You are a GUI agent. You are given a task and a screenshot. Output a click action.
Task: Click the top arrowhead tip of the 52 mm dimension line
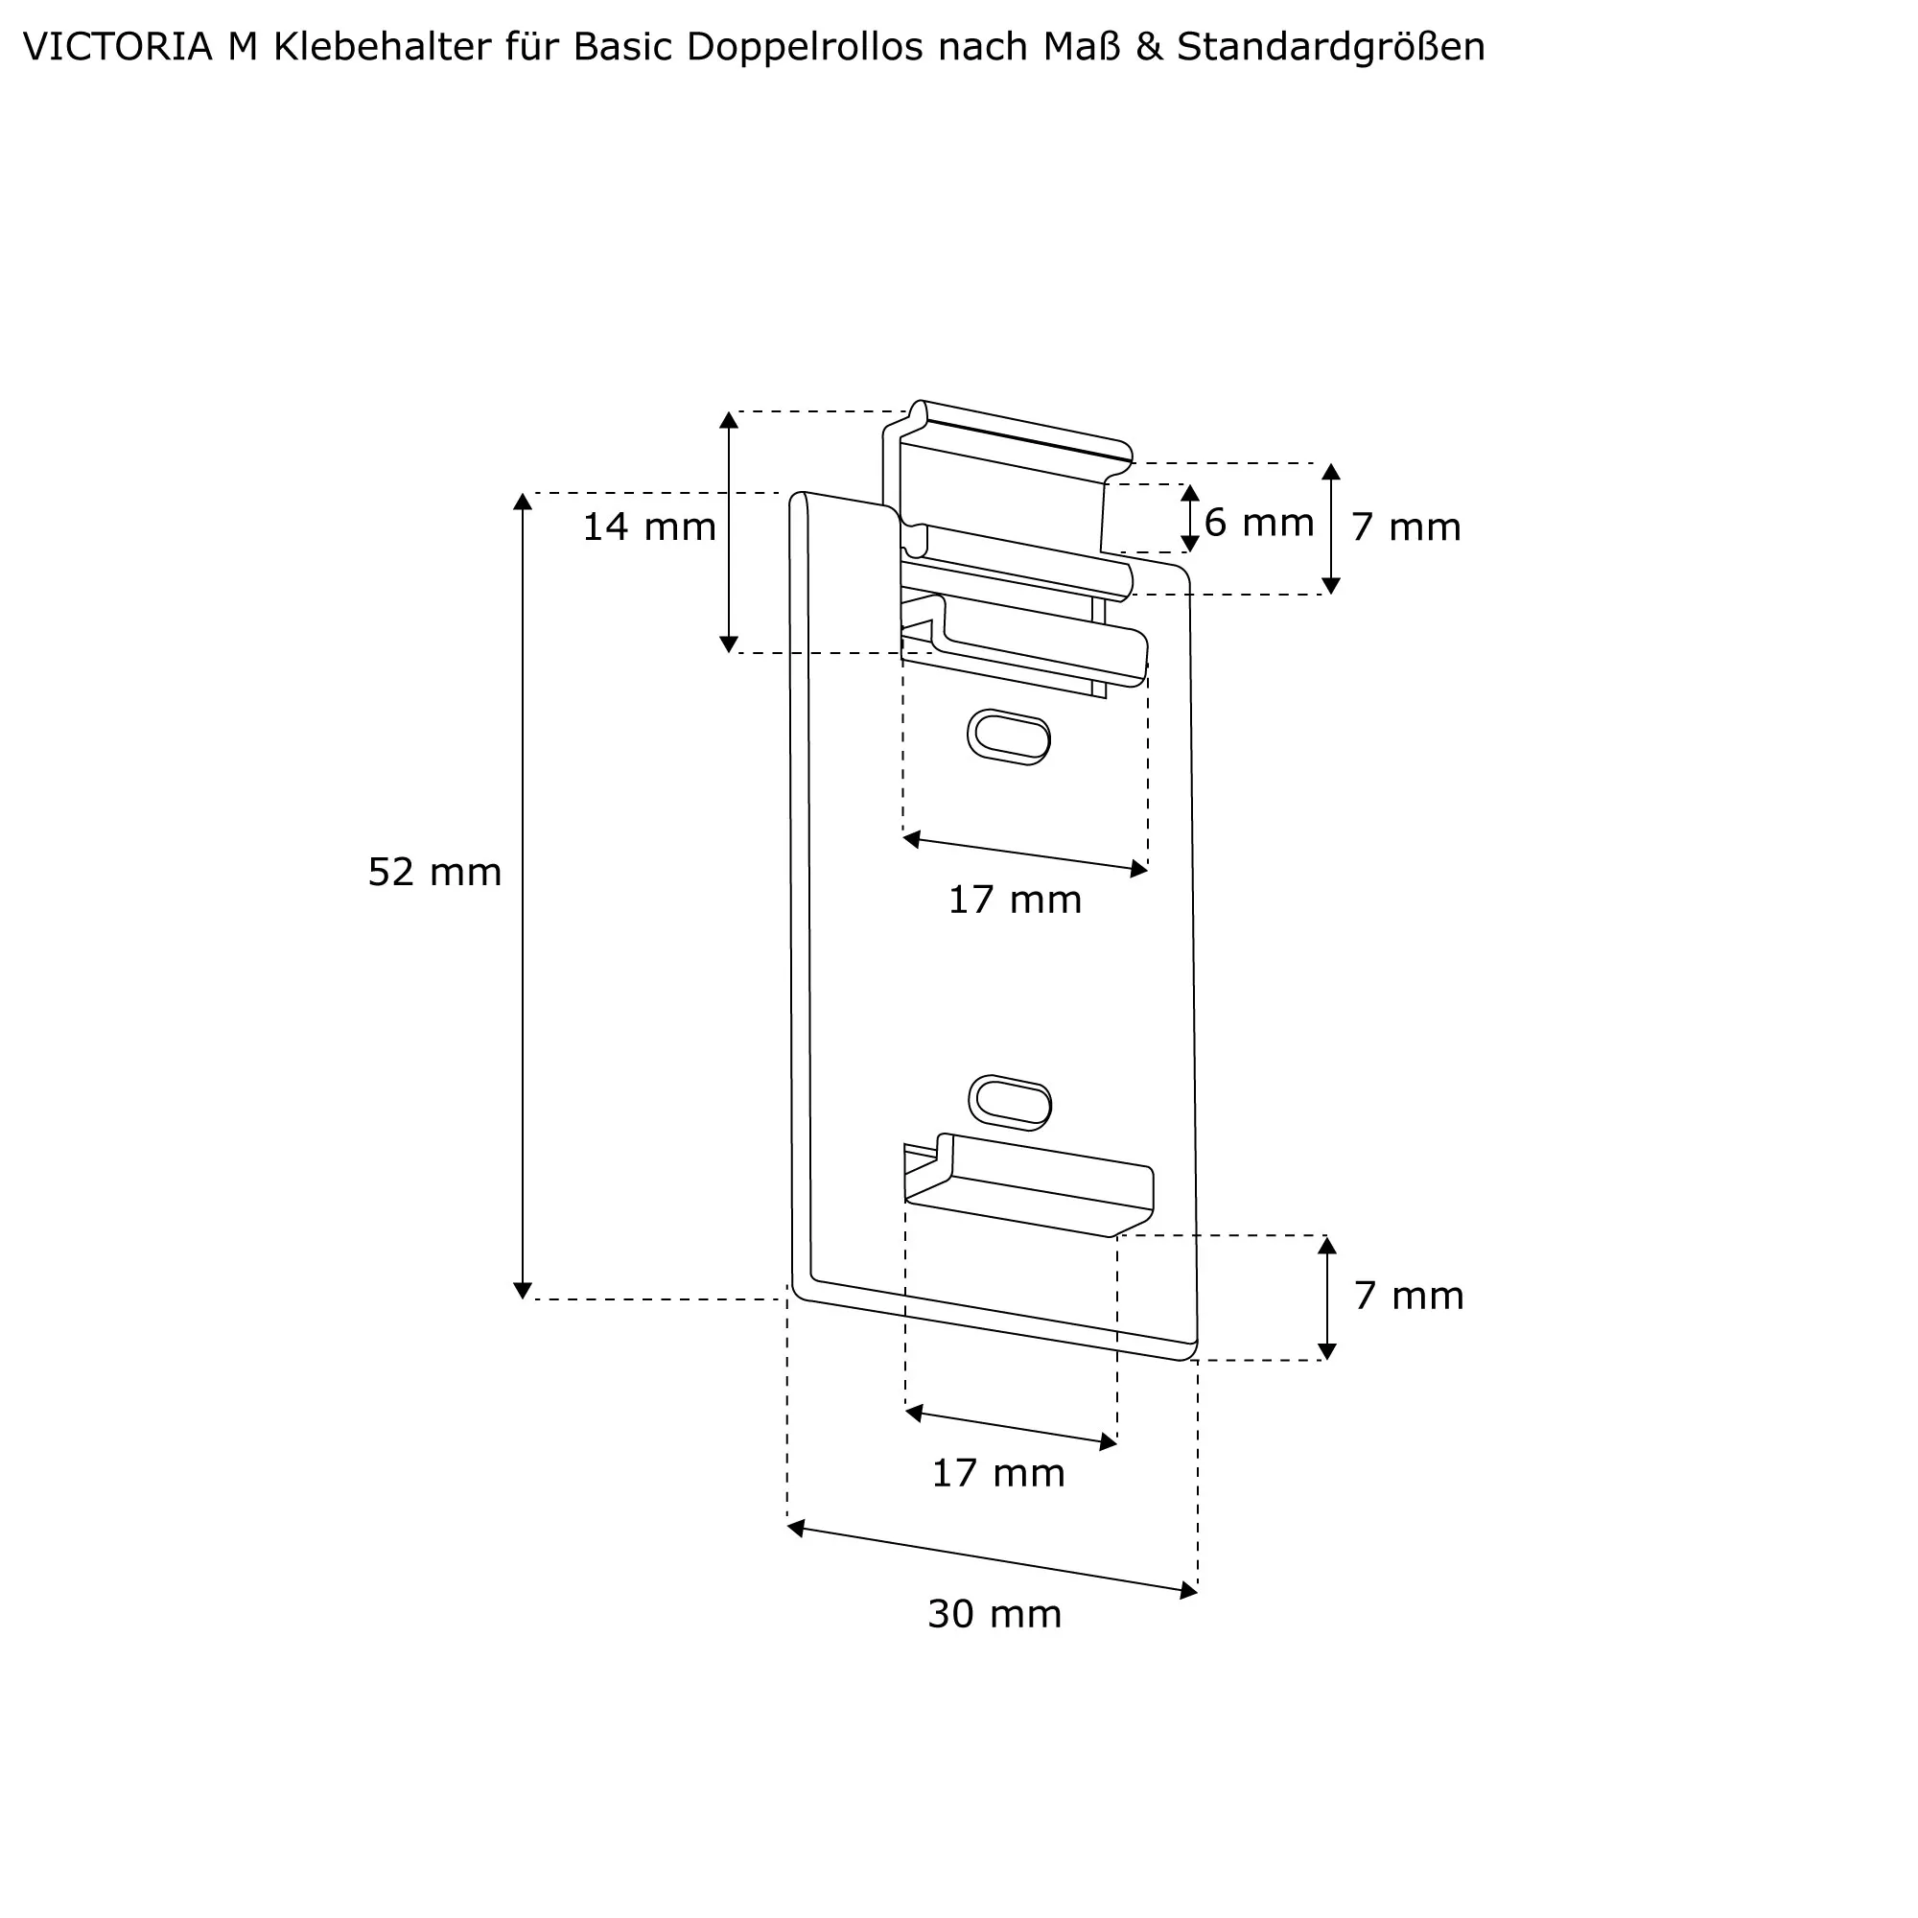524,493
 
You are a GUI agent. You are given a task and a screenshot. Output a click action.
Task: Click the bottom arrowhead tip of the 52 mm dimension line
524,1299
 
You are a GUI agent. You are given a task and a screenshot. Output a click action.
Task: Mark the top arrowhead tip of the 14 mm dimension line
729,411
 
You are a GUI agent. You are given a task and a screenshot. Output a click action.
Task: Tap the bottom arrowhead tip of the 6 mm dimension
1190,552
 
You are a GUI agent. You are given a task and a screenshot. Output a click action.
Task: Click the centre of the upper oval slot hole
1010,737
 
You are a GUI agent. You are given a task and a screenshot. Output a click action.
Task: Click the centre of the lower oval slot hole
1011,1102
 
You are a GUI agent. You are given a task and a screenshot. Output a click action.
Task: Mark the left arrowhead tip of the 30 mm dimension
787,1526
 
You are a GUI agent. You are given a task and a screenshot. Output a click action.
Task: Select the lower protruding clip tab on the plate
1029,1185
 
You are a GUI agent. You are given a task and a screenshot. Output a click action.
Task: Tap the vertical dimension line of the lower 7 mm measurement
1327,1298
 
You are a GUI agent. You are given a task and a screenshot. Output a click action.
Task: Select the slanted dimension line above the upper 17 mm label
1025,854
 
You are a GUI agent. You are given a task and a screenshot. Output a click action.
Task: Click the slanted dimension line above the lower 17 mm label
1012,1428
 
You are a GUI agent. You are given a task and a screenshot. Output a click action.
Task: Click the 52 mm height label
434,873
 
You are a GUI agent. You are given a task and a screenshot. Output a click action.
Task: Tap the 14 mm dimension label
649,527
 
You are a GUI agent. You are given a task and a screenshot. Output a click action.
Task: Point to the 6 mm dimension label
1259,524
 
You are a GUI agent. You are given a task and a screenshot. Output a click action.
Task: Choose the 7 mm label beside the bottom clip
1409,1297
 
